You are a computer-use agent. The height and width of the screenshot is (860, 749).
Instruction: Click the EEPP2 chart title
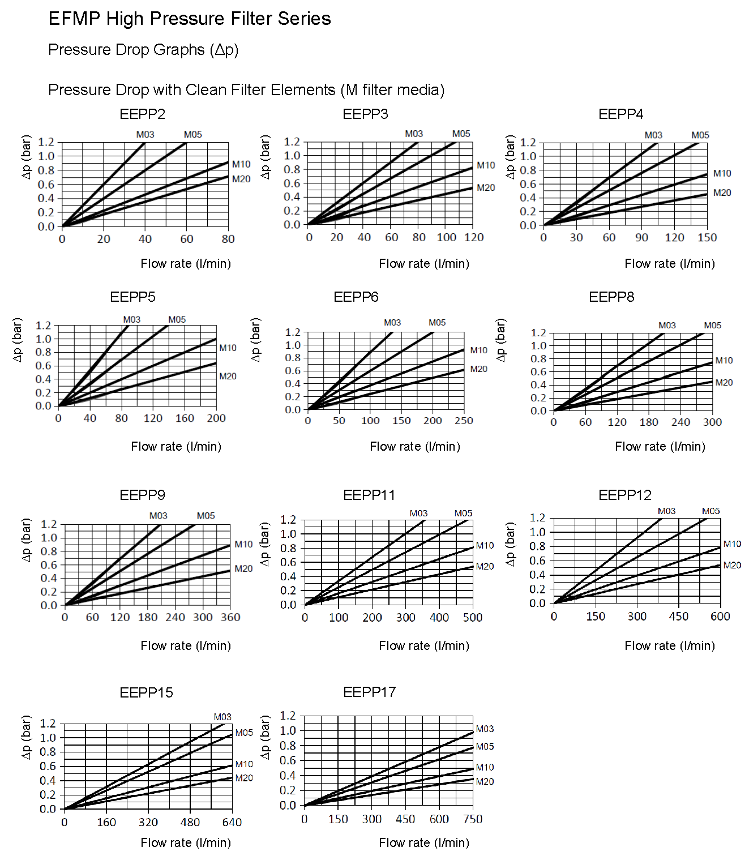pos(142,114)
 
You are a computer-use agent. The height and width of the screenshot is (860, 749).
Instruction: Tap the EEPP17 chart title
pos(369,692)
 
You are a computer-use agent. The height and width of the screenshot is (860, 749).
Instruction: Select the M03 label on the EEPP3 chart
pos(414,134)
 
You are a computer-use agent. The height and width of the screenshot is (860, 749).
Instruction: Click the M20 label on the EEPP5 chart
pos(228,376)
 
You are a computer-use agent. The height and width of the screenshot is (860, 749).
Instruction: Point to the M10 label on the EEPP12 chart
pos(732,544)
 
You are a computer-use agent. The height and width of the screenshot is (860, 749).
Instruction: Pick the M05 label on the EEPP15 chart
pos(244,733)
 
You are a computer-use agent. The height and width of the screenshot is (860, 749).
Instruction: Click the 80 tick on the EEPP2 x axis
pos(228,239)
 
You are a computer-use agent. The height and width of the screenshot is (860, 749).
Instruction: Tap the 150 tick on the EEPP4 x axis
pos(707,238)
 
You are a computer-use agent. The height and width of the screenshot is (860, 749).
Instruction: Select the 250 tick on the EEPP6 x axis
pos(464,421)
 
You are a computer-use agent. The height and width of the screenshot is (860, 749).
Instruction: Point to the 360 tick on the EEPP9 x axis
pos(230,617)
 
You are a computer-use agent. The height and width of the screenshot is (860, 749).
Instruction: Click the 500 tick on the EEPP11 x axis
pos(473,618)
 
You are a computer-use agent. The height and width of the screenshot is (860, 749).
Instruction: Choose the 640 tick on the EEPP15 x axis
pos(232,823)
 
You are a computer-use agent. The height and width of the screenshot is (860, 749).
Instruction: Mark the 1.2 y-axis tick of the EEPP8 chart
pos(538,332)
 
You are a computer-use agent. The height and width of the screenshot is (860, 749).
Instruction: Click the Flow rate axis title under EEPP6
pos(415,447)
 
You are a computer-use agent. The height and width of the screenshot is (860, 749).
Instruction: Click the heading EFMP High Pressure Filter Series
pos(190,19)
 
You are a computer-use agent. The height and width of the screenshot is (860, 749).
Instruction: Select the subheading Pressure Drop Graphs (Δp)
pos(143,50)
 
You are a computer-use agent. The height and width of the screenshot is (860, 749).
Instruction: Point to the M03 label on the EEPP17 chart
pos(485,729)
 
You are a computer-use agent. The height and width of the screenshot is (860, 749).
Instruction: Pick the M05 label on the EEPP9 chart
pos(206,516)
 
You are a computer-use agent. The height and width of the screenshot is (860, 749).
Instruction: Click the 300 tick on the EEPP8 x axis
pos(712,422)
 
